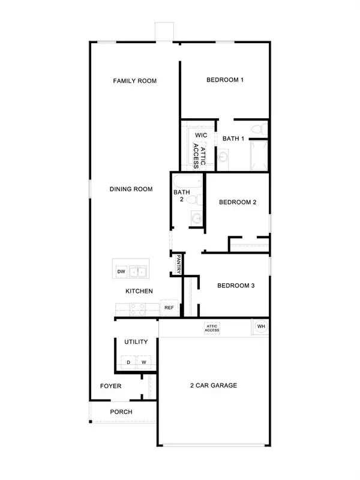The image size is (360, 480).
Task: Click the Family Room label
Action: [135, 80]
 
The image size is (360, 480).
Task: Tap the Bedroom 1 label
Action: [225, 80]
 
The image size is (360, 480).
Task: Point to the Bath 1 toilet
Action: [258, 128]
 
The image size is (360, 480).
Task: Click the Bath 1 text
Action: [233, 139]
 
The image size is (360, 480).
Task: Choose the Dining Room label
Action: [131, 189]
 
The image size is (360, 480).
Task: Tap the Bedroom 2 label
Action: [238, 202]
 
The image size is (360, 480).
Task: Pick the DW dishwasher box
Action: [121, 272]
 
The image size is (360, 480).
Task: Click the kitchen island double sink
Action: [140, 272]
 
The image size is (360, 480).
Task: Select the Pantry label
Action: [178, 263]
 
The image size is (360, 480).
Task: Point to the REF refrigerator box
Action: [169, 308]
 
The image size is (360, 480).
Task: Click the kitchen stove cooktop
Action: [137, 308]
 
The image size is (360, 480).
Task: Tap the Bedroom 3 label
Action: [236, 286]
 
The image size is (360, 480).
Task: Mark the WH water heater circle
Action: [261, 326]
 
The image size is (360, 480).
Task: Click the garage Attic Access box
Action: [212, 328]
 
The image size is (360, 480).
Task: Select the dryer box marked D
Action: [128, 362]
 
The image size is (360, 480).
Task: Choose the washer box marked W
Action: [143, 362]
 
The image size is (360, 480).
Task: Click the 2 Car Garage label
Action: [213, 385]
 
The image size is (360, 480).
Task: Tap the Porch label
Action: [121, 412]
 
